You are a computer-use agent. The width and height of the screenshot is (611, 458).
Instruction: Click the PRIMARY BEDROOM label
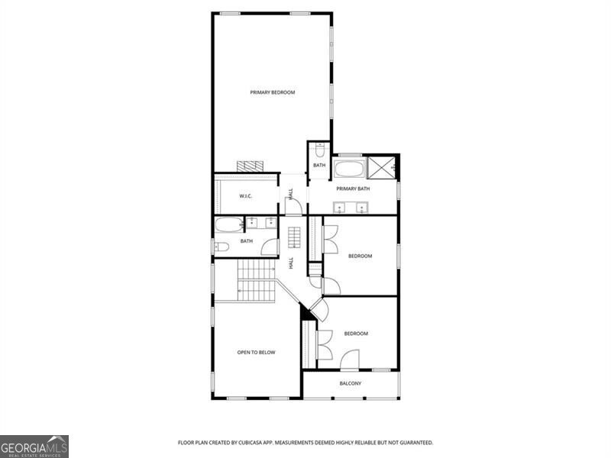click(273, 92)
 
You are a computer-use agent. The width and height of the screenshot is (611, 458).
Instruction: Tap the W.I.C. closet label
click(246, 196)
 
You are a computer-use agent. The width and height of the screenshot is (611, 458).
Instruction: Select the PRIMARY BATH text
click(353, 188)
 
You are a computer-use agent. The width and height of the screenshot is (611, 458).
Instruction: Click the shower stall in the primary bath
click(382, 166)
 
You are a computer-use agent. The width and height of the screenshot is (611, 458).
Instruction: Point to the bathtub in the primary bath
click(350, 167)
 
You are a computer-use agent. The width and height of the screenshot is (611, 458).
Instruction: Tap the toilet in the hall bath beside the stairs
click(221, 246)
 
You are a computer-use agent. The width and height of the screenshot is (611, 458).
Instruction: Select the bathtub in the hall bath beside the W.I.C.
click(228, 224)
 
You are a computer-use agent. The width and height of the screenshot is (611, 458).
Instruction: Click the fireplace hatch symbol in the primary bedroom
click(248, 166)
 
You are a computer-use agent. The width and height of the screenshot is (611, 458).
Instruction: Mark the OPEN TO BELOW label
click(256, 353)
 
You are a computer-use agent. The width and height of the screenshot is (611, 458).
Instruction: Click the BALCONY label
click(351, 383)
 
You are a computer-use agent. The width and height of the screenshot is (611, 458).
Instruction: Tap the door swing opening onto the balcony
click(350, 360)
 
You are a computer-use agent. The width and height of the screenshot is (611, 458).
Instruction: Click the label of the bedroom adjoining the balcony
click(356, 334)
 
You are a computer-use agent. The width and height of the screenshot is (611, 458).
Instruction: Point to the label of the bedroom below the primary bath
click(360, 256)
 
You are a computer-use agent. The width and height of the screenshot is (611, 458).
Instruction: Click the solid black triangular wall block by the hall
click(307, 312)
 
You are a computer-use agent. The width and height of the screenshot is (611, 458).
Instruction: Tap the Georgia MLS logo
click(34, 445)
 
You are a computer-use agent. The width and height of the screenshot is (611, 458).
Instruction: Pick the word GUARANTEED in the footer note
click(414, 443)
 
